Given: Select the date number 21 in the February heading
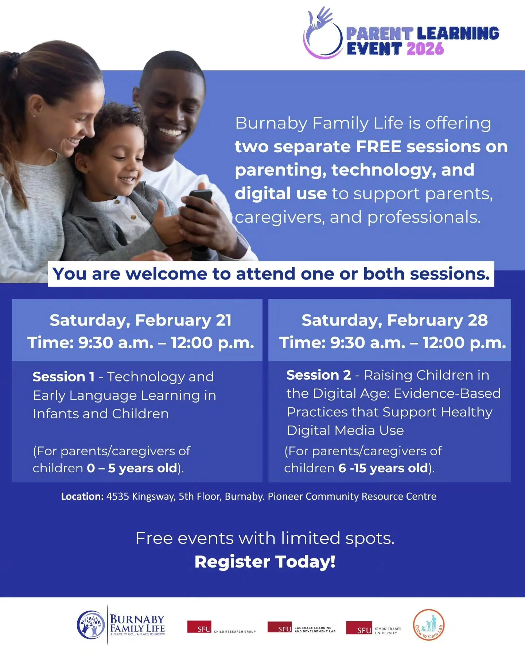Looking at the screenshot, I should tap(223, 320).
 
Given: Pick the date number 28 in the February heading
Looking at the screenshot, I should tap(478, 320).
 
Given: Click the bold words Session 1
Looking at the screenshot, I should tap(63, 377).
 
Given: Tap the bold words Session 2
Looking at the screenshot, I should tap(318, 375).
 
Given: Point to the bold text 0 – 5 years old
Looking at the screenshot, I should tap(132, 468).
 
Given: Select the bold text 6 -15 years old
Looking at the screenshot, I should tap(383, 468).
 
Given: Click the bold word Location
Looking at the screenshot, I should tap(82, 496).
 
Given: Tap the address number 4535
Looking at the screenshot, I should tap(117, 496).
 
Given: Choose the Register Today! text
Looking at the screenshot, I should tap(265, 562).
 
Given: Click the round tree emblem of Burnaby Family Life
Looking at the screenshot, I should tap(91, 625).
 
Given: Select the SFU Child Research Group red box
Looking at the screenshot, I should tap(199, 627).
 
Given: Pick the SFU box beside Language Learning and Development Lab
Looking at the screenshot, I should tap(280, 627).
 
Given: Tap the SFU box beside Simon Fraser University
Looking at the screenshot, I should tap(359, 628).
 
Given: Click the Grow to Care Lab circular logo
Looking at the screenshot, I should tap(429, 625).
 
